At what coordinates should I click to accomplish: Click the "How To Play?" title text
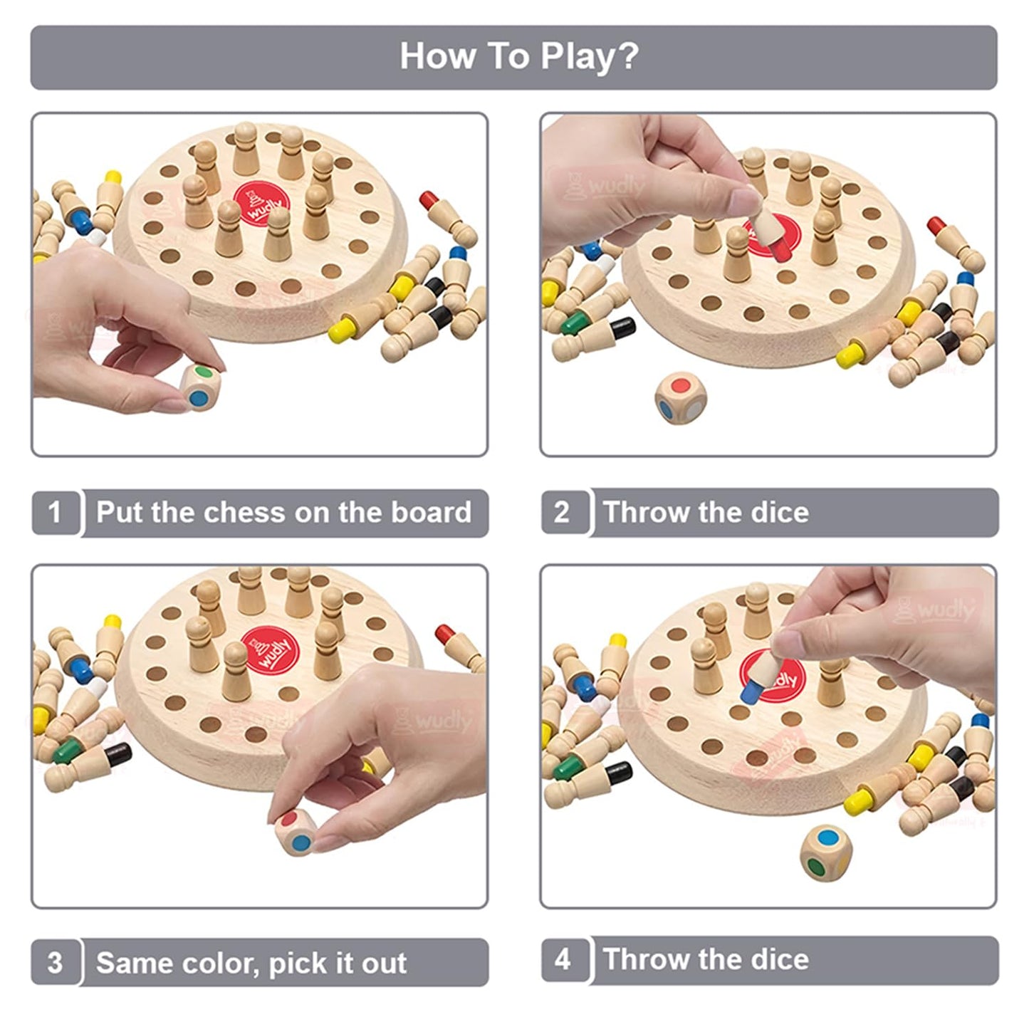pos(519,56)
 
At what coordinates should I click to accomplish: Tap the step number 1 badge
pos(55,512)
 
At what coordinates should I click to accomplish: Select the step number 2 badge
pos(563,512)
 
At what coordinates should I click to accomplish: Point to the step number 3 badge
pos(55,963)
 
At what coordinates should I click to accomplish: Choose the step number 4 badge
pos(563,959)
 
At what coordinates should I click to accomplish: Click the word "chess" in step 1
pos(244,513)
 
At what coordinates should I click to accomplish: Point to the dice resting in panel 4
pos(825,852)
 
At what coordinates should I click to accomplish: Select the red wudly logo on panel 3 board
pos(268,649)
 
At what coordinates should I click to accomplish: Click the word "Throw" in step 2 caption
pos(644,513)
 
